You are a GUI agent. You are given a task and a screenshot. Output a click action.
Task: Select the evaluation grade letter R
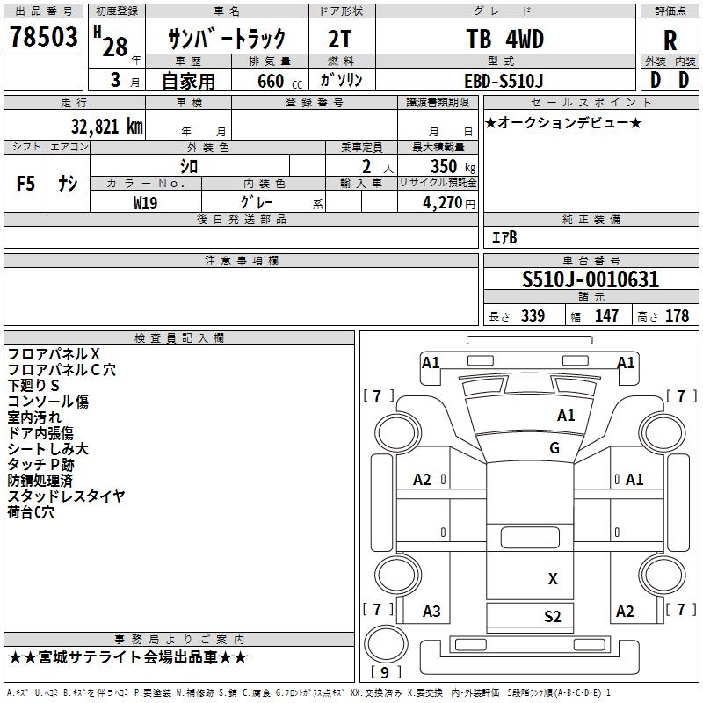pyautogui.click(x=670, y=40)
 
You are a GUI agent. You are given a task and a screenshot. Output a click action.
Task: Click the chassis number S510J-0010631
pyautogui.click(x=591, y=280)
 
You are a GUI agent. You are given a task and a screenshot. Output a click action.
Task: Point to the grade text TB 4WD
pyautogui.click(x=504, y=40)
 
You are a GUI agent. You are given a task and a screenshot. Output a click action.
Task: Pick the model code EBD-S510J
pyautogui.click(x=504, y=80)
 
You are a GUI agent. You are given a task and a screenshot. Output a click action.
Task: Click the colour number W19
pyautogui.click(x=147, y=202)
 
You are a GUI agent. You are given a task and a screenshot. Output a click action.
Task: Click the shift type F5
pyautogui.click(x=26, y=184)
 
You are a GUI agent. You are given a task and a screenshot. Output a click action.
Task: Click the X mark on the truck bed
pyautogui.click(x=553, y=578)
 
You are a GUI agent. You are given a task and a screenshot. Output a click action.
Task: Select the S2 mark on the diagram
pyautogui.click(x=553, y=616)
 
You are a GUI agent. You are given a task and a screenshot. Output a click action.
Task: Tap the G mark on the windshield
pyautogui.click(x=554, y=447)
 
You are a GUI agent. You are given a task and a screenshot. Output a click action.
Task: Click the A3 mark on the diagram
pyautogui.click(x=431, y=612)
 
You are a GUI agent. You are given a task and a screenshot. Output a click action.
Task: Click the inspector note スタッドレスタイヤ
pyautogui.click(x=67, y=496)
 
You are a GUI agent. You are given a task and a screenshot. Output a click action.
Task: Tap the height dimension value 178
pyautogui.click(x=678, y=316)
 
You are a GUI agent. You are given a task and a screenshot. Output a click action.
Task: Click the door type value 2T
pyautogui.click(x=342, y=40)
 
